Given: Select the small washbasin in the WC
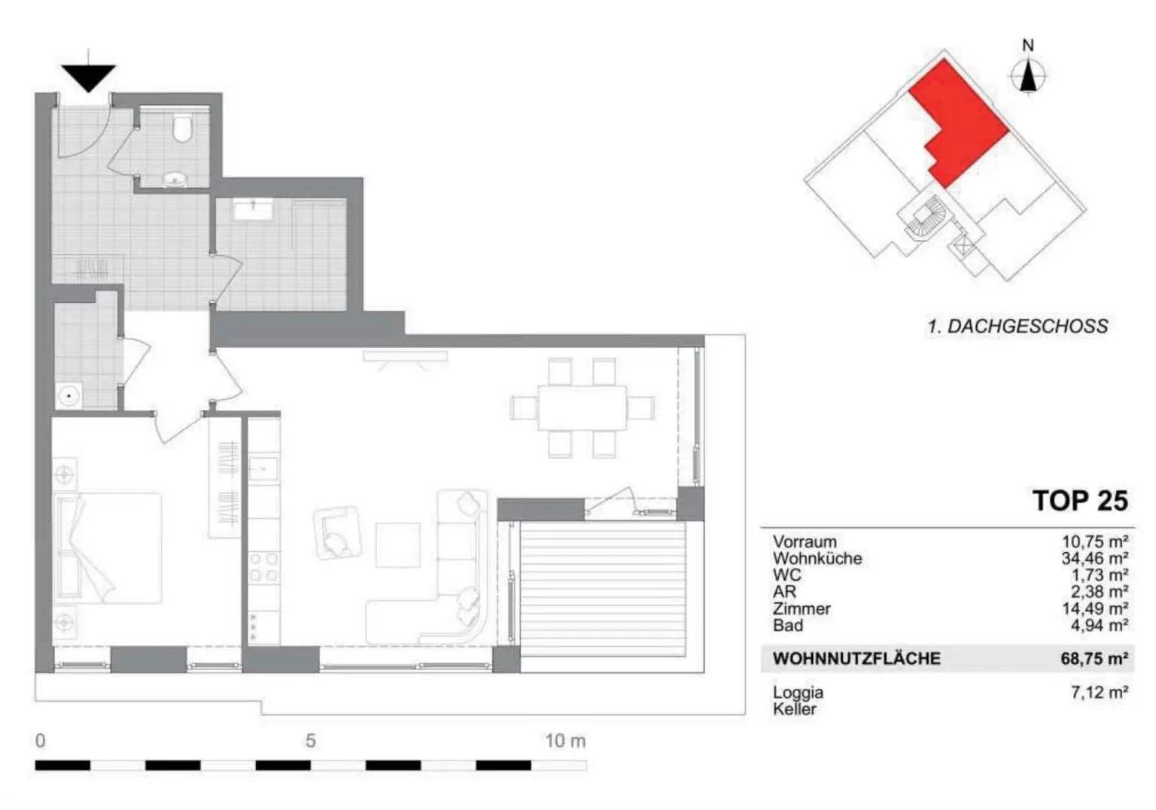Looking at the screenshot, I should (x=176, y=179).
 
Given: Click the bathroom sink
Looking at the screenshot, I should (x=252, y=208).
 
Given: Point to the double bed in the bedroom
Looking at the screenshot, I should (x=108, y=548).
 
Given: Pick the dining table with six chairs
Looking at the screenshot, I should (x=582, y=407).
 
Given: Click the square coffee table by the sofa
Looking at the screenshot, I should (x=397, y=545).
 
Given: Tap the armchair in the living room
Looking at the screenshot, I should (x=336, y=532).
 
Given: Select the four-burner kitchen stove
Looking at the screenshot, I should (x=263, y=567).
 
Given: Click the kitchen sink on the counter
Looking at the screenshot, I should (x=263, y=469).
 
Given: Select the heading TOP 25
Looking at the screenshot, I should (x=1079, y=501).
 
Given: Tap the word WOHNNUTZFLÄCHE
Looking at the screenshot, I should (x=856, y=659).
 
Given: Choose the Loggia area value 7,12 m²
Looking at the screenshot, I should (x=1099, y=693).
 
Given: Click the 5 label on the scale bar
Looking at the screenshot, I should (x=310, y=742).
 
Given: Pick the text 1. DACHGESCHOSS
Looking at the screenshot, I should (x=1018, y=326).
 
